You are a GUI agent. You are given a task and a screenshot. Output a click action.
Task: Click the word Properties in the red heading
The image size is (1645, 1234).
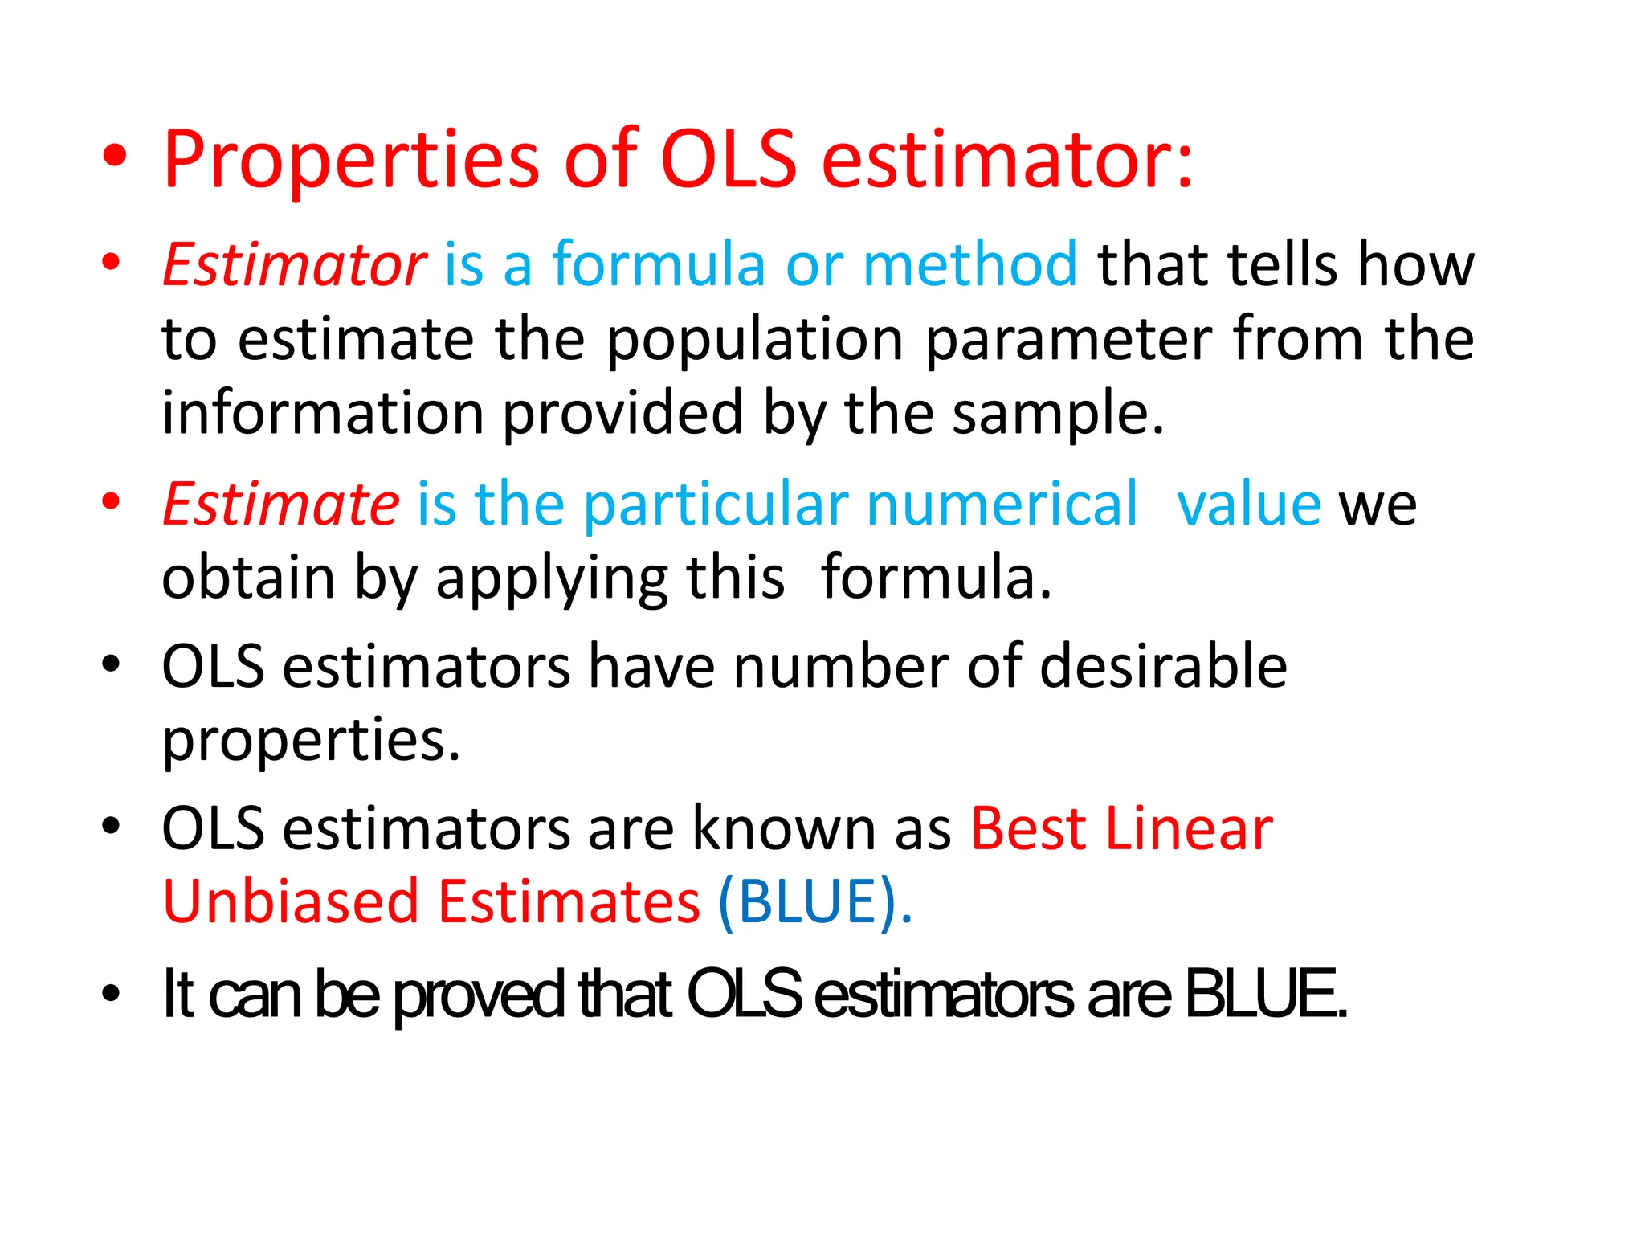coord(351,161)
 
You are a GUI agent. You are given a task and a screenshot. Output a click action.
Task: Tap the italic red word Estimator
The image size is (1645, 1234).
coord(294,265)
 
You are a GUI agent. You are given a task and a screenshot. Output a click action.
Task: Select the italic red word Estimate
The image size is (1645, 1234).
coord(280,505)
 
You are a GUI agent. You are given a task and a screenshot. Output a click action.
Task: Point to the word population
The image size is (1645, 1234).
coord(754,341)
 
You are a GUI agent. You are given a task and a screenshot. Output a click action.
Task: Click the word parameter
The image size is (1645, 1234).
coord(1069,341)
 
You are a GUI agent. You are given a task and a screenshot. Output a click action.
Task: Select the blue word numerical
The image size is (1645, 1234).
coord(1002,505)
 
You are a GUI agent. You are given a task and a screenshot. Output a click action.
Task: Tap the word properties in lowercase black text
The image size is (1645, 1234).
coord(310,741)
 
